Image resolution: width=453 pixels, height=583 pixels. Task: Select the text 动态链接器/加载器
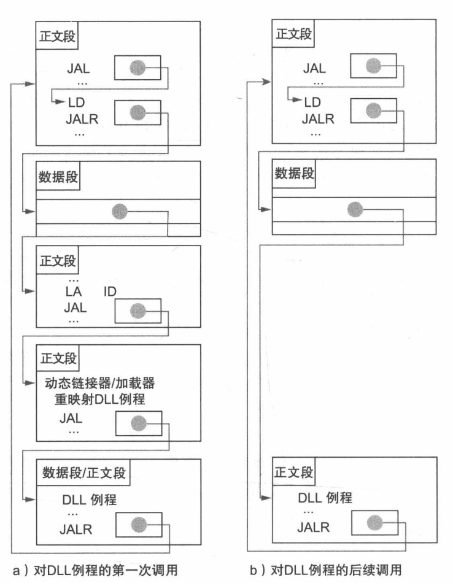tap(99, 384)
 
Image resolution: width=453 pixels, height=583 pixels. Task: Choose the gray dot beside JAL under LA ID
tap(137, 311)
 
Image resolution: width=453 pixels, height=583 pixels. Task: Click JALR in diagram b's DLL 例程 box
tap(313, 527)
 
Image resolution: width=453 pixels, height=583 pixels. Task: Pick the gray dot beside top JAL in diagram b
tap(371, 66)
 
